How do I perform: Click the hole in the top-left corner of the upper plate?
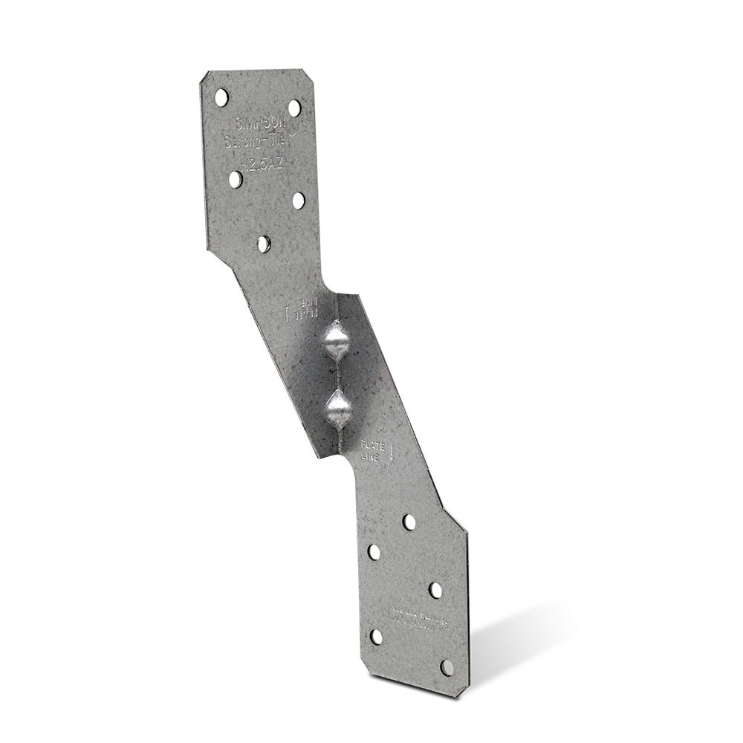(x=221, y=97)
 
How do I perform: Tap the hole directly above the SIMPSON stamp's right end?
(x=294, y=108)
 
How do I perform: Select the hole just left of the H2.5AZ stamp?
(x=235, y=179)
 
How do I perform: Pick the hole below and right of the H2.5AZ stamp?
(x=298, y=201)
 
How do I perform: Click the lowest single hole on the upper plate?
(x=264, y=244)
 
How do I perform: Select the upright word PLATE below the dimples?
(x=372, y=446)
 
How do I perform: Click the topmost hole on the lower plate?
(x=409, y=522)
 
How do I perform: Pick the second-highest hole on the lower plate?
(x=374, y=552)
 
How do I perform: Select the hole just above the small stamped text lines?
(x=435, y=590)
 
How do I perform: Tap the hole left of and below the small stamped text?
(x=377, y=637)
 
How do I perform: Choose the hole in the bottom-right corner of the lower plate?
(x=447, y=667)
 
